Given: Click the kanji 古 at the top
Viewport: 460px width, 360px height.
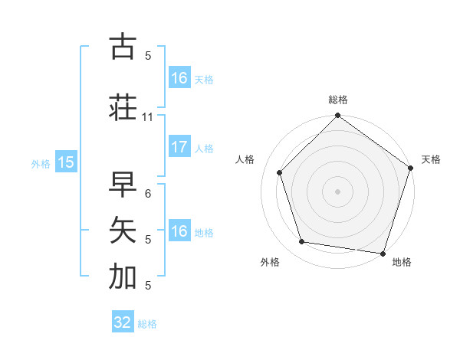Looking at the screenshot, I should (123, 47).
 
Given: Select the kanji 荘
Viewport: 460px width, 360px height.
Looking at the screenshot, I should (123, 107).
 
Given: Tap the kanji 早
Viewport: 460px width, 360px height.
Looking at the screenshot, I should (123, 185).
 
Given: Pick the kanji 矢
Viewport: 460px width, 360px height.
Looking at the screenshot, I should (123, 230).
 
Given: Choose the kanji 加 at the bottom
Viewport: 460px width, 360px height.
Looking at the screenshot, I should (123, 277).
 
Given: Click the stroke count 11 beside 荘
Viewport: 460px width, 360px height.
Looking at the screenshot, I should (148, 117).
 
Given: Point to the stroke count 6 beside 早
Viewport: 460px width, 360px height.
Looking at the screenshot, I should (148, 194).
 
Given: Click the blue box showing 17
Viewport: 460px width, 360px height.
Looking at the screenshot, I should (179, 147).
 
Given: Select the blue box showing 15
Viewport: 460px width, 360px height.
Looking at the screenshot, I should (65, 162).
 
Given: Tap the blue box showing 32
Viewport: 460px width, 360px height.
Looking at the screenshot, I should (123, 322).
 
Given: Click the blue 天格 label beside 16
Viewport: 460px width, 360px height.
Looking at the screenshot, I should (204, 80).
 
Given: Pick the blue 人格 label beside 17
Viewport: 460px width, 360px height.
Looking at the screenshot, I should (204, 149).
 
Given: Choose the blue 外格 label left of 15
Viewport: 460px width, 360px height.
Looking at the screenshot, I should (41, 163).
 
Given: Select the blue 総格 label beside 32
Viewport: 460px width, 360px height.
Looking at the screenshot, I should (148, 324).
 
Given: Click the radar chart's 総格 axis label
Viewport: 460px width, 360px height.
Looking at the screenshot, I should (338, 100).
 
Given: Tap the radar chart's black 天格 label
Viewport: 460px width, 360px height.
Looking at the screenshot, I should (432, 159).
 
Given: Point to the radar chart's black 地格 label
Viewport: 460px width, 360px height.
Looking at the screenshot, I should (402, 263).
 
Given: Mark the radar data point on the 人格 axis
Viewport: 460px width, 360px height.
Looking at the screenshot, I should (280, 172).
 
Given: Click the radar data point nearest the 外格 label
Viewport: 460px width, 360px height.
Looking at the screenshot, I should (302, 242).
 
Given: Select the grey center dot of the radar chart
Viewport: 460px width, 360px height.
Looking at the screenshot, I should (338, 191).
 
